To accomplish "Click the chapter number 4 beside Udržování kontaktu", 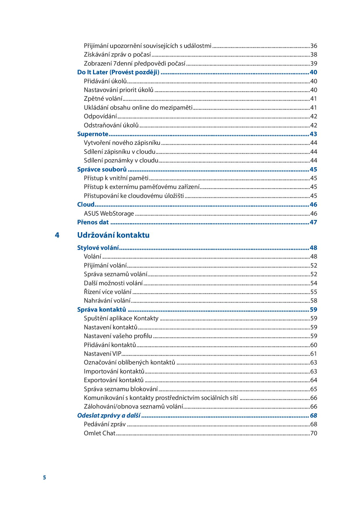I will coord(57,235).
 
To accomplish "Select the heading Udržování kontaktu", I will coord(113,235).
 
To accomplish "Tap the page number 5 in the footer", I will coord(44,478).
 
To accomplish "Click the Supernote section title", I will coord(93,134).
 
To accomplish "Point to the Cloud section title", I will coord(86,205).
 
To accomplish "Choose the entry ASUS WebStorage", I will coord(109,214).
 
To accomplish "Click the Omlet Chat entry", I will coord(100,433).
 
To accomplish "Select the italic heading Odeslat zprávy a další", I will coord(109,416).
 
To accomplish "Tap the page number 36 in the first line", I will coord(314,46).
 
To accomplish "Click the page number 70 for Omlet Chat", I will coord(314,433).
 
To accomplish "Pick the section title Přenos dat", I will coord(93,222).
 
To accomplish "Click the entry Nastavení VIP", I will coord(102,354).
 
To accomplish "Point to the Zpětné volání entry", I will coord(103,99).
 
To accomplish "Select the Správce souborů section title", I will coord(102,169).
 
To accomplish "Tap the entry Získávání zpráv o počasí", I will coord(117,55).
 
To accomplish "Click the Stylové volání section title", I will coord(98,248).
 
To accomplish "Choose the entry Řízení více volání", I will coord(107,292).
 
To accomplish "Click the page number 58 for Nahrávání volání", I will coord(314,301).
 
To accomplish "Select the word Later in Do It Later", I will coord(100,72).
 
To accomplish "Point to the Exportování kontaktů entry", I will coord(114,380).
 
